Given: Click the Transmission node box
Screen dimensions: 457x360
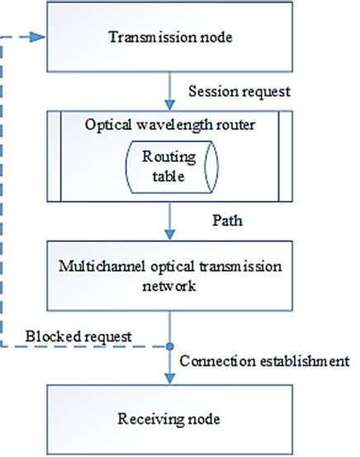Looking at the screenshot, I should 170,37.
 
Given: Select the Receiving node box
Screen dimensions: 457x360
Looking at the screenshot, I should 170,420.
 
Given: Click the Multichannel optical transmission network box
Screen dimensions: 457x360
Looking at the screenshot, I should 170,276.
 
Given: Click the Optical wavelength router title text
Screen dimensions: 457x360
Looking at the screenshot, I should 171,124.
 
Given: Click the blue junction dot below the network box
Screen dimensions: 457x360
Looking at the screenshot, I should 170,346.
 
